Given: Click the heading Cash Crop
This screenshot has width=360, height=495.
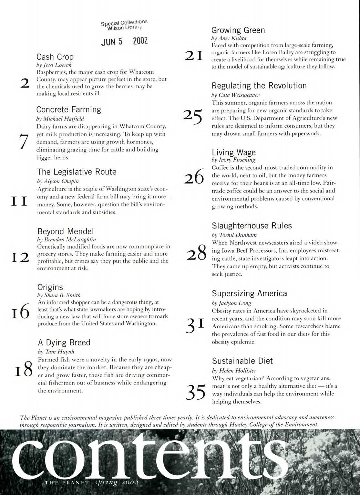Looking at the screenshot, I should (55, 57).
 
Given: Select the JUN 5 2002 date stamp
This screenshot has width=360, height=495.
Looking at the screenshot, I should (124, 41).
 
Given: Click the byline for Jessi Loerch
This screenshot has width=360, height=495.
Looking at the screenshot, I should (54, 65).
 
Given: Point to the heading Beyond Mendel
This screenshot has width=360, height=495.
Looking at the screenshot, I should (66, 231).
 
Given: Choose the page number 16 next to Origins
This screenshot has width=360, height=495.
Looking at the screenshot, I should (21, 312).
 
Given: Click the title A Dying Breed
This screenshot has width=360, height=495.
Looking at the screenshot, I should (64, 342).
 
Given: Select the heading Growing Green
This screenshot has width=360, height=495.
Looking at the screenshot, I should (238, 30).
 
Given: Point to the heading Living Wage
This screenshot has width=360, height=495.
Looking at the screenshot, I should (233, 152).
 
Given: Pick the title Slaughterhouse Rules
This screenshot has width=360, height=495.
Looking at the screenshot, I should (252, 226).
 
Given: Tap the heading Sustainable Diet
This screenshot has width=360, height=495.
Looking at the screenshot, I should (242, 361).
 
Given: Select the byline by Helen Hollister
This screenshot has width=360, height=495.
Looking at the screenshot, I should (234, 370).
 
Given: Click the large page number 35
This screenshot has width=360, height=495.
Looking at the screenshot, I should (196, 393).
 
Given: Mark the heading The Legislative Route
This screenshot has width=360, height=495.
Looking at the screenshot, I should (77, 172).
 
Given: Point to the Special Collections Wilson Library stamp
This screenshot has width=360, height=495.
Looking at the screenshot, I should (124, 25).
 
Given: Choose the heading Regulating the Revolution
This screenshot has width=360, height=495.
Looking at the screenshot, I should (259, 86).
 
